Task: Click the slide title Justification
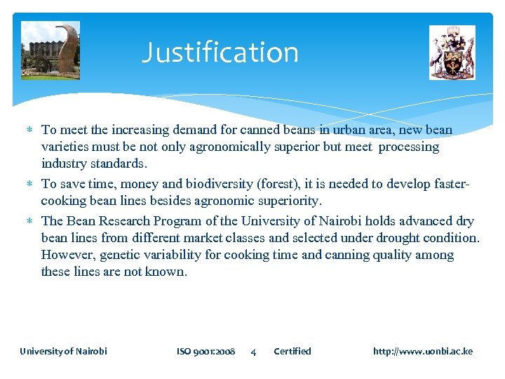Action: coord(220,53)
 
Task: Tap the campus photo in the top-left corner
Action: coord(50,51)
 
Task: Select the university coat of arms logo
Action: coord(452,53)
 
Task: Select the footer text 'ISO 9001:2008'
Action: coord(206,351)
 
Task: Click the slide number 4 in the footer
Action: coord(253,352)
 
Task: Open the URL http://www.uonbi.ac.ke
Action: coord(422,351)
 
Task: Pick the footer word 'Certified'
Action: coord(292,351)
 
